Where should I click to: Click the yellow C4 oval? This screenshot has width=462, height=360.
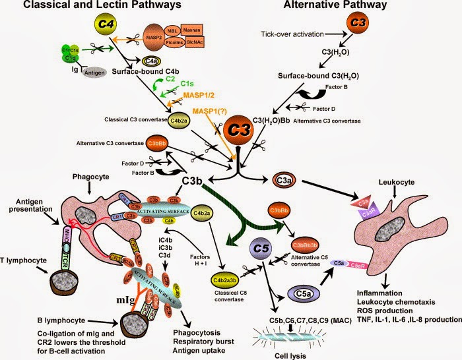pyautogui.click(x=106, y=25)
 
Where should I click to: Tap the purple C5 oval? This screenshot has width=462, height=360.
pyautogui.click(x=259, y=249)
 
